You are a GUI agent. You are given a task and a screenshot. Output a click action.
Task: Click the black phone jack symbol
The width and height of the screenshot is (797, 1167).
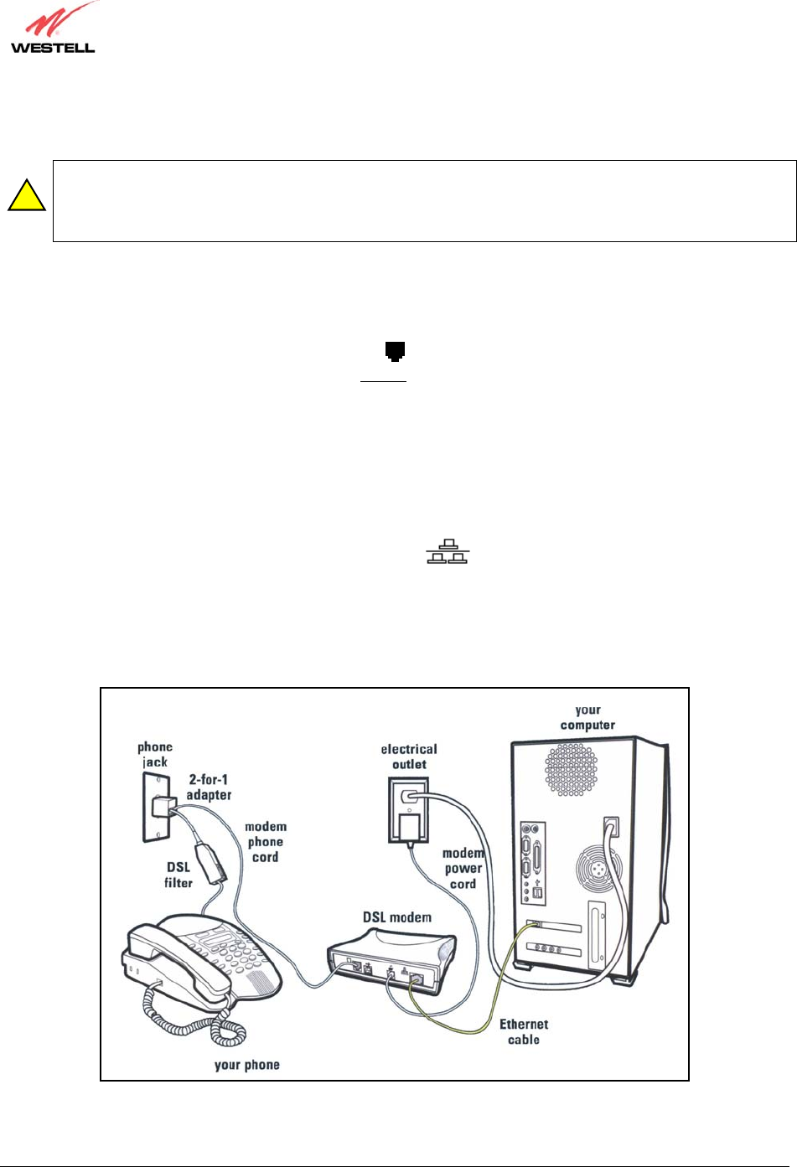click(x=395, y=352)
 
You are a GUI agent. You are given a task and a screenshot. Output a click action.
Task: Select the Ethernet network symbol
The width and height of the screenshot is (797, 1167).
click(x=448, y=552)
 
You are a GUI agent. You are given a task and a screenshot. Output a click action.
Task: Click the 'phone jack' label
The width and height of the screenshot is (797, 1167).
click(x=154, y=754)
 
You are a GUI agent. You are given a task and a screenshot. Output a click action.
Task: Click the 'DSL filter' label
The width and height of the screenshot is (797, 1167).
click(x=179, y=875)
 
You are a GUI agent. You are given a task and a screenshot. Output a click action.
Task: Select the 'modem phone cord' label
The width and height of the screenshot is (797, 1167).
click(x=265, y=841)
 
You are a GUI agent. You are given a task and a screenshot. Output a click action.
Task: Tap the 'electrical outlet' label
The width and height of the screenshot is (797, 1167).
click(x=409, y=756)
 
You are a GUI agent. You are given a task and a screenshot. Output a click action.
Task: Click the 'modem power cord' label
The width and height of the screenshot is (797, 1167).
click(x=463, y=868)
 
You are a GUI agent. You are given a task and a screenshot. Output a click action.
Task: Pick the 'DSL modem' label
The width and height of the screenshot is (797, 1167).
click(x=397, y=917)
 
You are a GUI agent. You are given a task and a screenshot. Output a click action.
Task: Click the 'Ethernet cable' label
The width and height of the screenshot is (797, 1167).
click(x=524, y=1031)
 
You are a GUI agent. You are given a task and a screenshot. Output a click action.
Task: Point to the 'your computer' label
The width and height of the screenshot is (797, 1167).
click(x=587, y=717)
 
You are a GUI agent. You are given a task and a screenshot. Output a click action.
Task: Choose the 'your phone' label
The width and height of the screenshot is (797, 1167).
click(x=246, y=1065)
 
